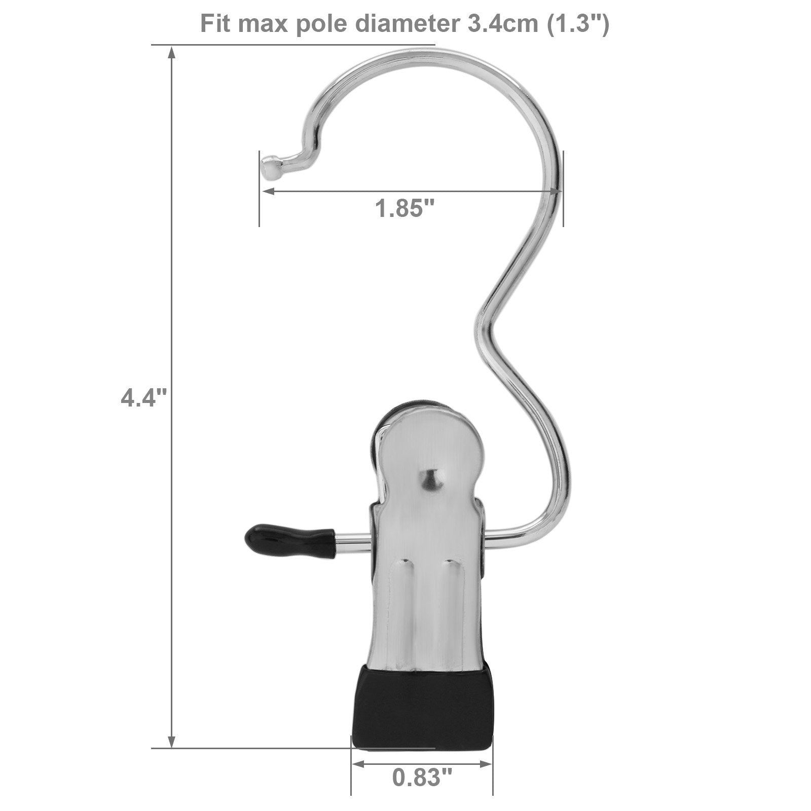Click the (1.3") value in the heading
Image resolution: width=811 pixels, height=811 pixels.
click(577, 24)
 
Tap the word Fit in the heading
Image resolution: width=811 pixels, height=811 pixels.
click(216, 24)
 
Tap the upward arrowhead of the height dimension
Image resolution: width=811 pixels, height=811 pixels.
click(172, 52)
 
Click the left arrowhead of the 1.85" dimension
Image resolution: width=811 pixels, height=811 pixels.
click(267, 191)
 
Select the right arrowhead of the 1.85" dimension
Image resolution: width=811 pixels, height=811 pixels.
click(556, 191)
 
